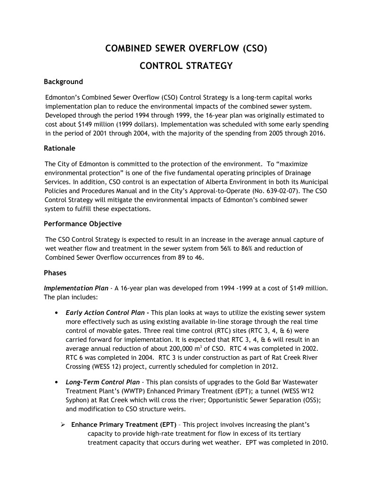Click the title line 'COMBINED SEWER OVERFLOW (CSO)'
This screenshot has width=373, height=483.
coord(186,48)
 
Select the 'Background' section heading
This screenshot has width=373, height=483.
coord(63,82)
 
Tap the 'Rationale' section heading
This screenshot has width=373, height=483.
coord(59,148)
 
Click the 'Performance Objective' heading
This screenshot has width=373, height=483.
coord(83,223)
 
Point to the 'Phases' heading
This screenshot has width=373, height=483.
coord(55,273)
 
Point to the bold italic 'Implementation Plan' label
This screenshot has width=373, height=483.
coord(75,288)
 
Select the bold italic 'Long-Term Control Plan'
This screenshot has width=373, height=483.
coord(102,382)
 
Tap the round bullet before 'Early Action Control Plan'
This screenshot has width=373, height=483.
coord(57,313)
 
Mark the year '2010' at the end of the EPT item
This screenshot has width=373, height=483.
coord(319,443)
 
